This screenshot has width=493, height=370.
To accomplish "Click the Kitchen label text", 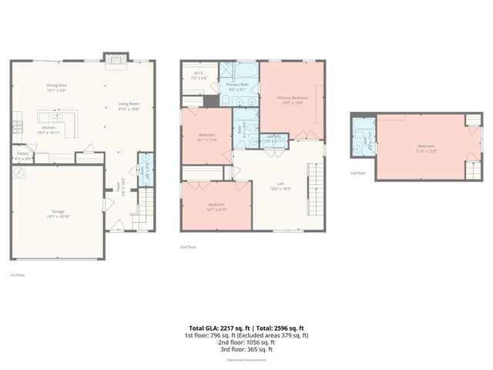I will click(49, 129).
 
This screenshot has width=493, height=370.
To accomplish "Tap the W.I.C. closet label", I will click(198, 76).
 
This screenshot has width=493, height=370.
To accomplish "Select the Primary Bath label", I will click(237, 86).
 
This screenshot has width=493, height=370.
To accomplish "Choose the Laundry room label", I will click(273, 139).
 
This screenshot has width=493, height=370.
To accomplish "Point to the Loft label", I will click(280, 183).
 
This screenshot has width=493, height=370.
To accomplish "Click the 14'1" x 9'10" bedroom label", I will click(216, 206).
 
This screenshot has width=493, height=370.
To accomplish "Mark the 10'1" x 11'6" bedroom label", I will click(206, 136).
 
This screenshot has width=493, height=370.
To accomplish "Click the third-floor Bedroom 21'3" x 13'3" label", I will click(426, 148).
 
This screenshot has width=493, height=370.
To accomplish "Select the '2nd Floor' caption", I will click(189, 247).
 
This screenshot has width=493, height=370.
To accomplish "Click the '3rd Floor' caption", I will click(357, 173).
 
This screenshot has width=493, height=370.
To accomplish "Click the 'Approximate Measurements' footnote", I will click(246, 360).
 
